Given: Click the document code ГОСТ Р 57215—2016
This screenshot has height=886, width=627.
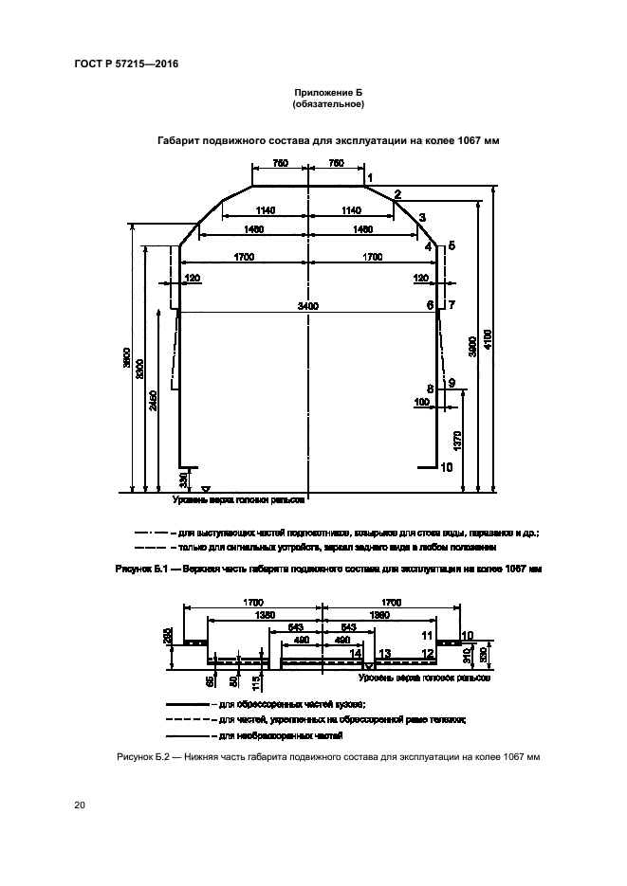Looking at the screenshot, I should (125, 64).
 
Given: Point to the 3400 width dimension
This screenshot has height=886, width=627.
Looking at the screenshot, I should (307, 305).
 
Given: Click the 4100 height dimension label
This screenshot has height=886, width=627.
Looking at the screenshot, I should (488, 339).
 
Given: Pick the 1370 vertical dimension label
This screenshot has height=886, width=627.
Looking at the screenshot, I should (457, 439).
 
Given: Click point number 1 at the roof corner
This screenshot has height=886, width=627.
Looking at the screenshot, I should (370, 177).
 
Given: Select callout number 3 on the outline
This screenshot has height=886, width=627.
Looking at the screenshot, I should (422, 217).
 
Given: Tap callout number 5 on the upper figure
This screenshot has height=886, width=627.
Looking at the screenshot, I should (452, 246).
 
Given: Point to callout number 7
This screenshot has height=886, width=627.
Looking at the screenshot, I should (452, 305).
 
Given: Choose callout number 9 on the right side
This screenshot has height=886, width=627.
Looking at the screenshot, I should (452, 383).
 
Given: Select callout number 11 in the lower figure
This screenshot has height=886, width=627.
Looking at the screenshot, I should (427, 635).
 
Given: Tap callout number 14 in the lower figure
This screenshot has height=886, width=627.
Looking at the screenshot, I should (355, 654).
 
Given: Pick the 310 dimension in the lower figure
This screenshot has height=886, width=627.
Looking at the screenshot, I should (465, 654).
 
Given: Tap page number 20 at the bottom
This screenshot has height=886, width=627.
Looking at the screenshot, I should (79, 805).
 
